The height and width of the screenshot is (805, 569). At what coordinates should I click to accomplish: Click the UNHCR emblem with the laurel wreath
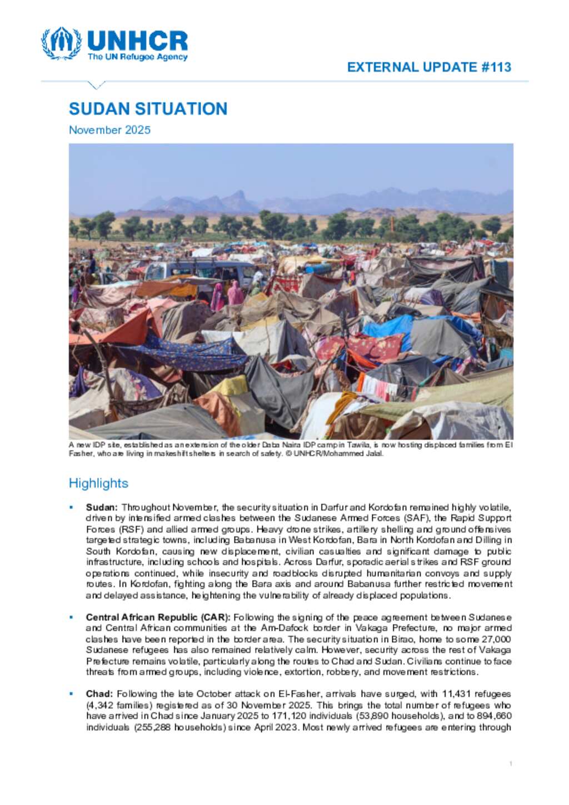click(61, 43)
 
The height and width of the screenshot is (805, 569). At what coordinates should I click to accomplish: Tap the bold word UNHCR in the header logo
click(137, 41)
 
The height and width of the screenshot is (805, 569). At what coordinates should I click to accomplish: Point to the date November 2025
click(109, 130)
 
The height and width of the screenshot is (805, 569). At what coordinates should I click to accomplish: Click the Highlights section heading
click(98, 483)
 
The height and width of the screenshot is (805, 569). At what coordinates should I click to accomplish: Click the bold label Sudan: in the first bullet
click(102, 507)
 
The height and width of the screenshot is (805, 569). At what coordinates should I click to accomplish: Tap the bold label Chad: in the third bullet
click(99, 694)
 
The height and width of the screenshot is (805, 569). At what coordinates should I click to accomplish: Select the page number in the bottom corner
click(510, 764)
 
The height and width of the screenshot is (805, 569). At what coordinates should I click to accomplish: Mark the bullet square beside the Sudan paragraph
click(71, 507)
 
